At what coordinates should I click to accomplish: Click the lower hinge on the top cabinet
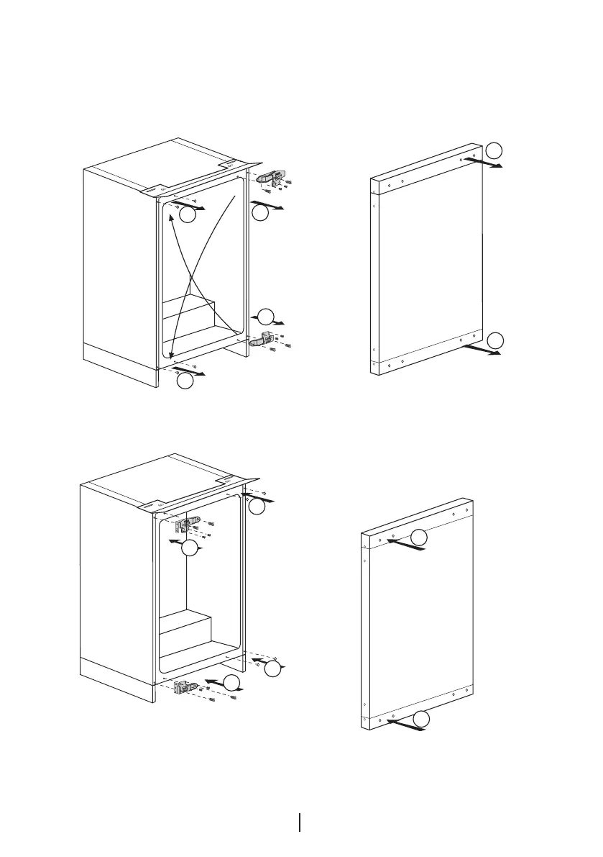point(259,339)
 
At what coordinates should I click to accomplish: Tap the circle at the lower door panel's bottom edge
point(423,718)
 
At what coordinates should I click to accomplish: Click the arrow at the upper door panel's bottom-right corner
point(482,350)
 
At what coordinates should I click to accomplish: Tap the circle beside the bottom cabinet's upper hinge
point(190,550)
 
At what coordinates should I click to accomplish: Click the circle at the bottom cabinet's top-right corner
point(258,507)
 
